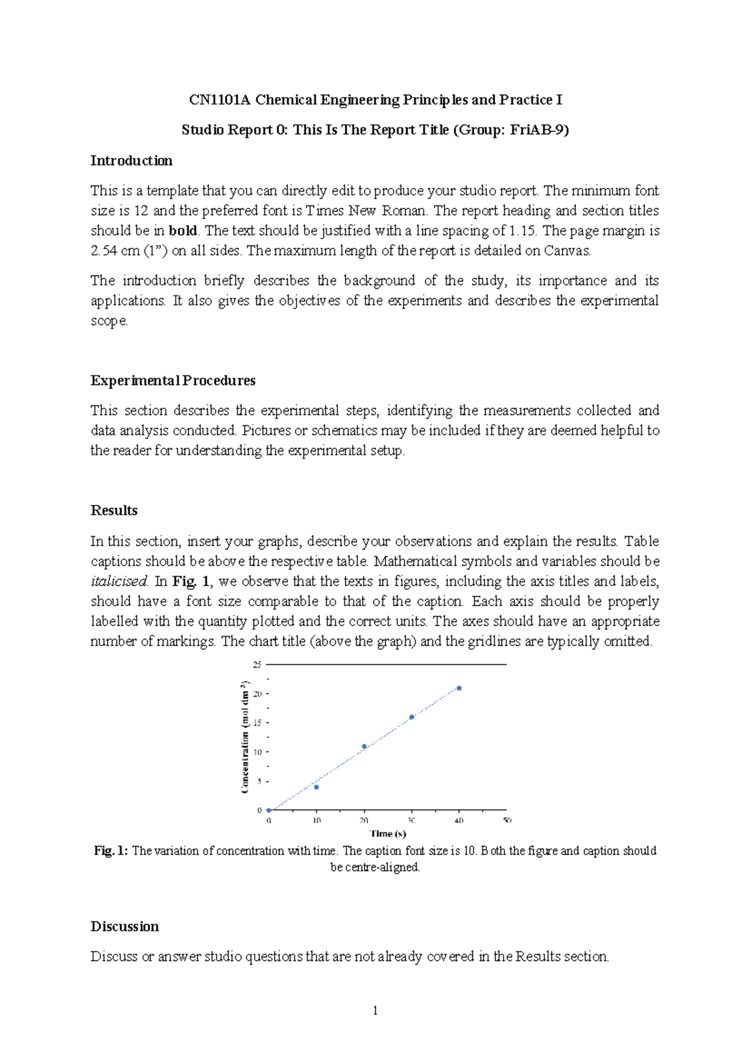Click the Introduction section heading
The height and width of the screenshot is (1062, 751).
131,161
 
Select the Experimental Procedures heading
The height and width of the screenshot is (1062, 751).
173,381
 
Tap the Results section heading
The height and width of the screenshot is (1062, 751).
114,510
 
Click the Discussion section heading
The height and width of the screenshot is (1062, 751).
125,927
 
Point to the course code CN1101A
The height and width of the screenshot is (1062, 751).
220,100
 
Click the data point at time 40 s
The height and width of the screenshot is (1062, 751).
459,688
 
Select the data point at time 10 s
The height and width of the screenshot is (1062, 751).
316,787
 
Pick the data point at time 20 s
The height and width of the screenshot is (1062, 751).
364,746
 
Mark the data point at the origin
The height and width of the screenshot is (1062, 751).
269,810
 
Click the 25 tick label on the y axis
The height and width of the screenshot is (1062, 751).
257,664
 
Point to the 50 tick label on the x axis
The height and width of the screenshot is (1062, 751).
507,820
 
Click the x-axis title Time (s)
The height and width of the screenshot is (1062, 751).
388,833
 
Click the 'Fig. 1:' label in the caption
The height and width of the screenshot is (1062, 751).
111,851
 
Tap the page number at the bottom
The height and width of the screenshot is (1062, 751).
375,1010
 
